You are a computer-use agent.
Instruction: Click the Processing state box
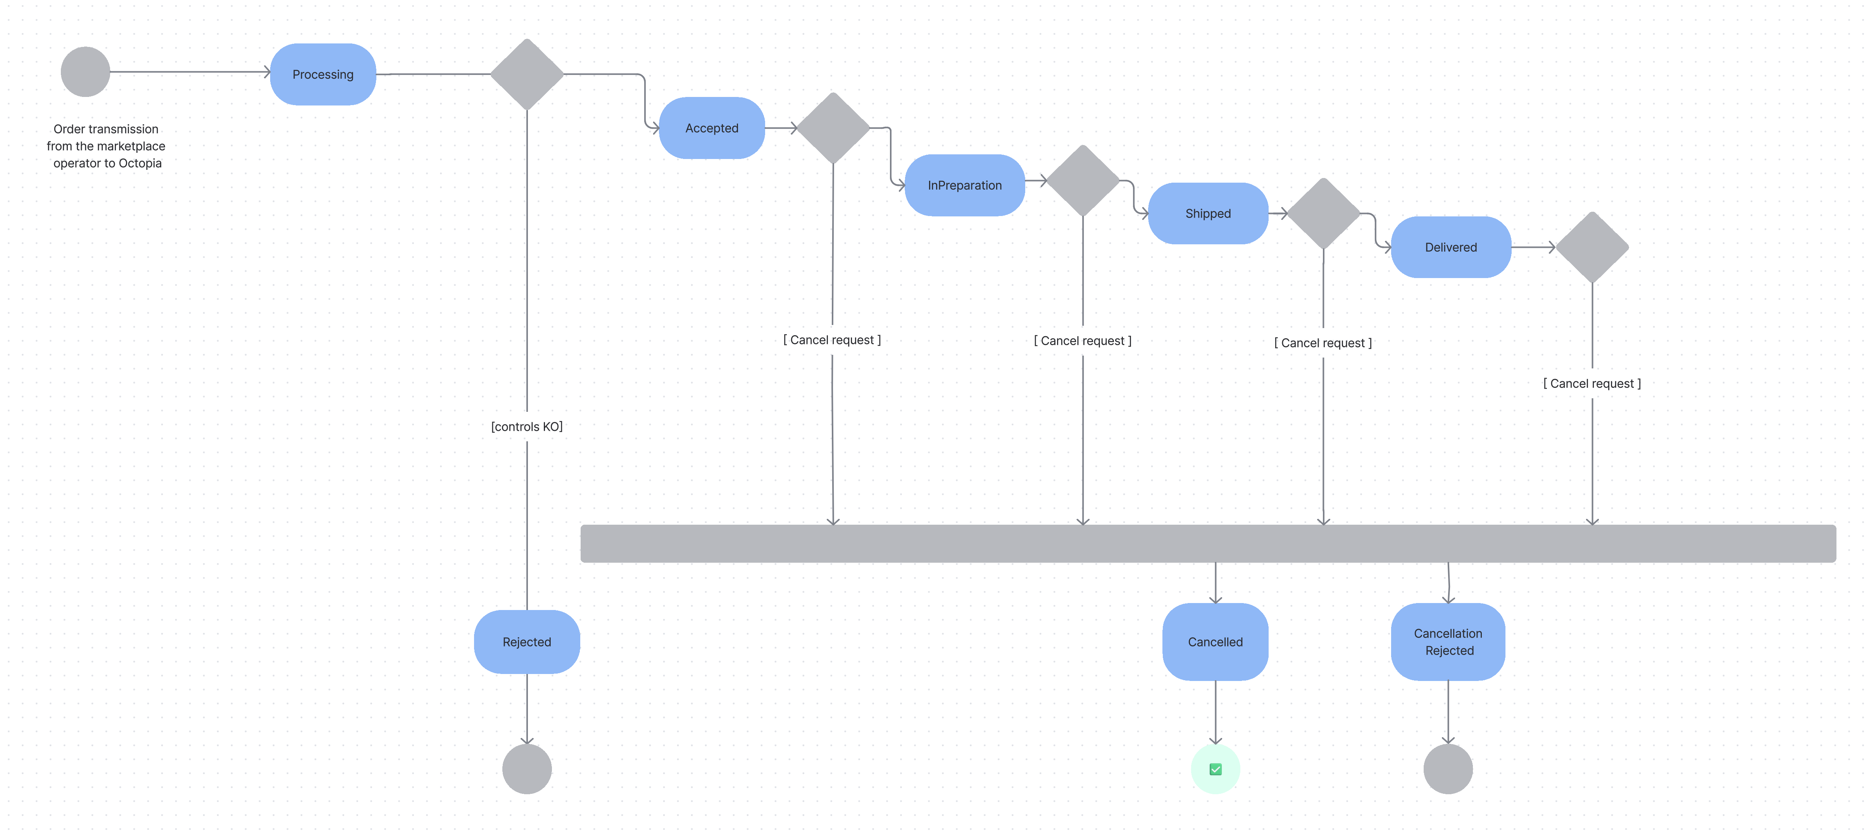322,74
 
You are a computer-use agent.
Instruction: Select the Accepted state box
712,128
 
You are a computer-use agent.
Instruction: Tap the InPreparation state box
964,185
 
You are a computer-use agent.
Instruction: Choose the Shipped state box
1207,214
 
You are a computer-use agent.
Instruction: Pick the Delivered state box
1451,247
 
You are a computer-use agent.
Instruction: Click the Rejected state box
526,642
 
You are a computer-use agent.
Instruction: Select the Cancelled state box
1215,642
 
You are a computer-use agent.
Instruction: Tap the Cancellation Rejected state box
1448,642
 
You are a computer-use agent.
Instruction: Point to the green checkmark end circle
1215,769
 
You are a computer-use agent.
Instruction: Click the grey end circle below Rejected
526,769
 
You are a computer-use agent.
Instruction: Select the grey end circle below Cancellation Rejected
1448,769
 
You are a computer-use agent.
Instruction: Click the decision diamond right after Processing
526,74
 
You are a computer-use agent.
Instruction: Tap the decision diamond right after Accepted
833,128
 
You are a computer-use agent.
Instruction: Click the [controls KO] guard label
526,426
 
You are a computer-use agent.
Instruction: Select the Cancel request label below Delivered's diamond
1592,383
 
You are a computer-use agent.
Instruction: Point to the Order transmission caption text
106,146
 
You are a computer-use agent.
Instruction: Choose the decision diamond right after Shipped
1323,214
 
